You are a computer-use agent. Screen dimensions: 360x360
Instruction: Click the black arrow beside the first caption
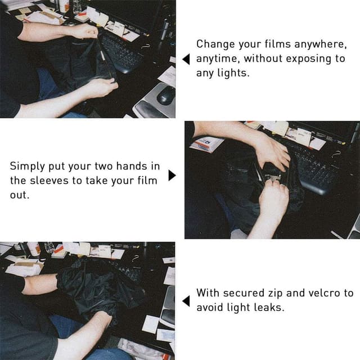pos(186,59)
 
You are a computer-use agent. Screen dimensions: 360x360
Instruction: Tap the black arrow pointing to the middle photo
pos(172,175)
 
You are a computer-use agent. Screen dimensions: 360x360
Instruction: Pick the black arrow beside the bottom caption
pos(186,301)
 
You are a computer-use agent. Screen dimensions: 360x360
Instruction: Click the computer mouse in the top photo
pos(166,94)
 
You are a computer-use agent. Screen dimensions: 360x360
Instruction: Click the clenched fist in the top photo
pos(86,31)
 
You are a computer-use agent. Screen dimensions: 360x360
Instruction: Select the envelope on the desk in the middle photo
pos(206,144)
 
